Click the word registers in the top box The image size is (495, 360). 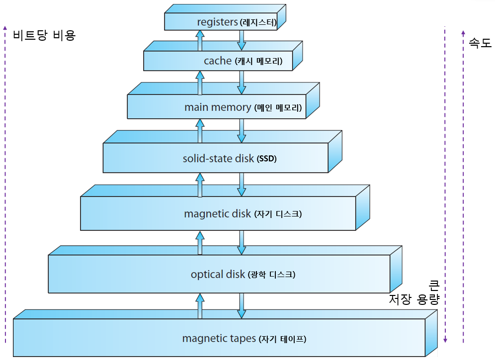tap(218, 22)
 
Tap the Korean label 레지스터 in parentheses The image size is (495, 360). tap(258, 22)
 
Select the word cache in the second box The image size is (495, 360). tap(218, 61)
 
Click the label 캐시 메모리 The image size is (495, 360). tap(258, 62)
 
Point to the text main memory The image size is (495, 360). tap(218, 107)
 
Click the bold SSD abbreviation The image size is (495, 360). tap(266, 159)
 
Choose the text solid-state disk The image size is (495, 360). tap(218, 159)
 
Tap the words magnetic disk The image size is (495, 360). tap(218, 214)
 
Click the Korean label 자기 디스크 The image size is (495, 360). tap(278, 215)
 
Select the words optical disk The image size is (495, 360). tap(218, 274)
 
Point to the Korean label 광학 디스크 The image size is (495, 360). tap(271, 275)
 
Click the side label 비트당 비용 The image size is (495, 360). tap(44, 35)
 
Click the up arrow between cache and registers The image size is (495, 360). tap(200, 40)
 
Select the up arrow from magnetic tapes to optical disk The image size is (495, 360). tap(200, 305)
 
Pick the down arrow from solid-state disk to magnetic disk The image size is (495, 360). tap(242, 184)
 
